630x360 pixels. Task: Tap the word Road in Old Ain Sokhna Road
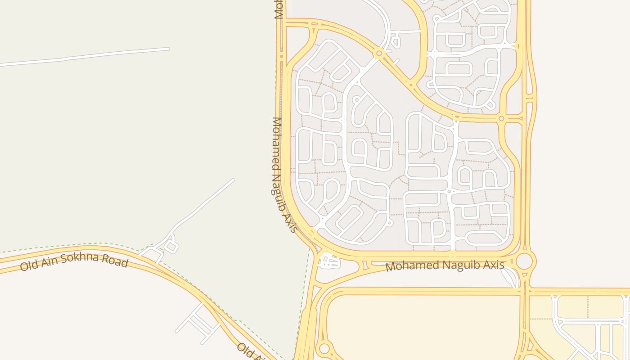click(x=115, y=261)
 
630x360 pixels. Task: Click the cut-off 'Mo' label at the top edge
click(x=278, y=9)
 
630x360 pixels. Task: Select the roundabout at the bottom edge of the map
click(x=324, y=348)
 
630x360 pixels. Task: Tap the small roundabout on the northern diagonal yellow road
click(x=379, y=54)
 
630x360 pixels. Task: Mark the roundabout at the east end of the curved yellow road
click(x=501, y=118)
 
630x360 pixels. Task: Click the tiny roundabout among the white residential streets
click(x=449, y=192)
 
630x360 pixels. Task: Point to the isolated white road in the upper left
click(x=85, y=57)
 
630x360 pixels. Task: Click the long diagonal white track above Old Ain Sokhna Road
click(x=202, y=205)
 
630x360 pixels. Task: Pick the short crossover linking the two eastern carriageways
click(x=529, y=98)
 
